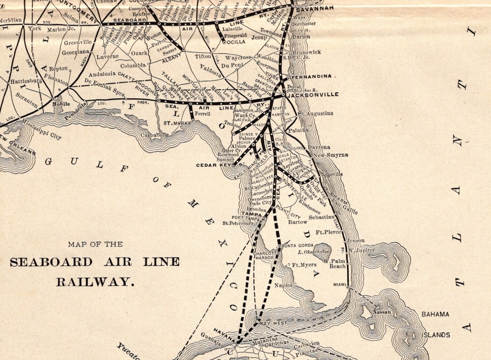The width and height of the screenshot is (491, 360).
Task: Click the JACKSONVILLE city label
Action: [313, 95]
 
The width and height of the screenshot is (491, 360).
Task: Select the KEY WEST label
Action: [273, 323]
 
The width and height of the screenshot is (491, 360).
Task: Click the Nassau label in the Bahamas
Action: [382, 312]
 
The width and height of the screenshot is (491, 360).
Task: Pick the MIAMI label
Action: [339, 285]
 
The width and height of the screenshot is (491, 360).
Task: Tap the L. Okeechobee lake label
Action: [313, 252]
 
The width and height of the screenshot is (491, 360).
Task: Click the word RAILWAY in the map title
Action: [95, 282]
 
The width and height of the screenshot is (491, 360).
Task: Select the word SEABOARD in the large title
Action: [51, 262]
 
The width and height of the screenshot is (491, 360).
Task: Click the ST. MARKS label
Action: [177, 123]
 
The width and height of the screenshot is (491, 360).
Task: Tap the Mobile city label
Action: [61, 104]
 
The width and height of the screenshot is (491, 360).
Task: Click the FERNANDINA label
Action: [311, 76]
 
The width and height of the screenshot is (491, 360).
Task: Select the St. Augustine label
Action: [315, 113]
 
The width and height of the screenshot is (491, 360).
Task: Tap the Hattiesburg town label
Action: [26, 81]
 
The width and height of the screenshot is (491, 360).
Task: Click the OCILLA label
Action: [236, 42]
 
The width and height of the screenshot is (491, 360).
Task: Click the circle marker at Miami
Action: [348, 287]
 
